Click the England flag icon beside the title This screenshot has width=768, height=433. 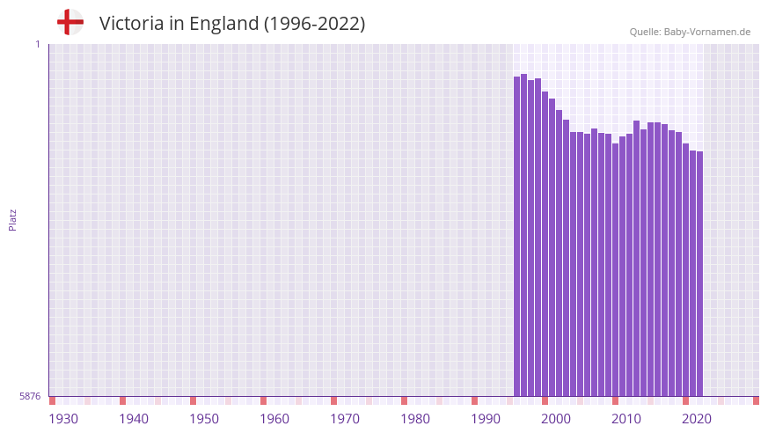tap(69, 22)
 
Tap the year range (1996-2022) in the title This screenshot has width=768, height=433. tap(314, 24)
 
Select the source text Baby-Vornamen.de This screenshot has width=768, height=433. tap(707, 32)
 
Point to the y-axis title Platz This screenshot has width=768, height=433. tap(12, 219)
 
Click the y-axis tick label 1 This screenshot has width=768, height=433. tap(38, 44)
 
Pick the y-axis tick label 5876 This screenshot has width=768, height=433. tap(30, 397)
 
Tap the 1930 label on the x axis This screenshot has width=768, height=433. tap(63, 419)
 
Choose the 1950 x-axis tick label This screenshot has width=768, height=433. tap(204, 419)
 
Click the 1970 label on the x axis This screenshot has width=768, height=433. tap(345, 419)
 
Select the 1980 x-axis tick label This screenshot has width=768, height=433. tap(415, 419)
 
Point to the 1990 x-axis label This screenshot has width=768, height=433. tap(486, 419)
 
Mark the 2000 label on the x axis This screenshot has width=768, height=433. tap(556, 419)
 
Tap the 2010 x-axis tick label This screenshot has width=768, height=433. tap(626, 419)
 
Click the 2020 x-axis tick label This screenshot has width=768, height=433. tap(697, 419)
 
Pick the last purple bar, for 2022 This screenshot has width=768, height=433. tap(699, 274)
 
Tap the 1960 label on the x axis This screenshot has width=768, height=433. tap(274, 419)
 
